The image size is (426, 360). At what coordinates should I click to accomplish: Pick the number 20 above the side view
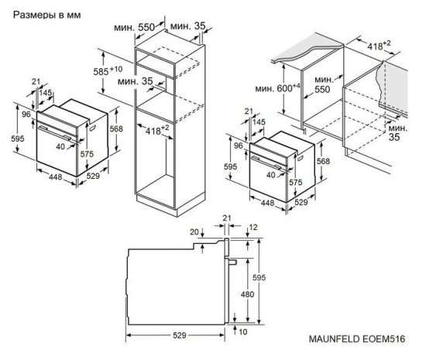point(194,231)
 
